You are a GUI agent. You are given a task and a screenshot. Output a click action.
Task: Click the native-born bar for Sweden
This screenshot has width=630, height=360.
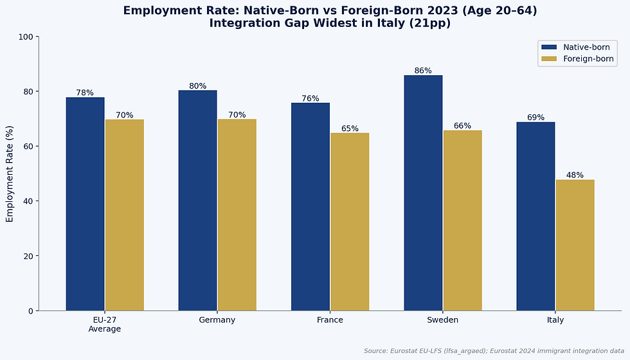(423, 193)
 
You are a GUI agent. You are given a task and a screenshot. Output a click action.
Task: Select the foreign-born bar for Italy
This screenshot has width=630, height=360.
(575, 245)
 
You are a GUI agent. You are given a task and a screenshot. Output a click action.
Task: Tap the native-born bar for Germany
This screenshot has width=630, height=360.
(198, 201)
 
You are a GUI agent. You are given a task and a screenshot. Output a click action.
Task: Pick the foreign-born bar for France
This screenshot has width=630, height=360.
(350, 222)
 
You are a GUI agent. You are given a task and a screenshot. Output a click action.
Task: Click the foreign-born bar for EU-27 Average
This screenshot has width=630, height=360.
(125, 215)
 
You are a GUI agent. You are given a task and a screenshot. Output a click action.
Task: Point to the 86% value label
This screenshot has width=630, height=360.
(423, 71)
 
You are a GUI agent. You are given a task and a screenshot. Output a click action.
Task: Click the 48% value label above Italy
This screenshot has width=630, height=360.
(575, 175)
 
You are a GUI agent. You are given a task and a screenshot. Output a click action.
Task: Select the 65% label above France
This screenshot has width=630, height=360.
(350, 129)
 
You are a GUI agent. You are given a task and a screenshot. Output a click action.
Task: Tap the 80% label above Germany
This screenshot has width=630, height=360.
(198, 86)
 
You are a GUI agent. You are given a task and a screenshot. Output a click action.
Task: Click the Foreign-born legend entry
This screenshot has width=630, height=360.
(577, 59)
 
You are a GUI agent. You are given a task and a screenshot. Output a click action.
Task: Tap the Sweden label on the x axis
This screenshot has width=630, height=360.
(443, 320)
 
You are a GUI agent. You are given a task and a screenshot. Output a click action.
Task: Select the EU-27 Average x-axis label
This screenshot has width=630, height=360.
(104, 324)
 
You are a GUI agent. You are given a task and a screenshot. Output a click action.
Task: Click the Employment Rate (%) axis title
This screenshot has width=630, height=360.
(10, 174)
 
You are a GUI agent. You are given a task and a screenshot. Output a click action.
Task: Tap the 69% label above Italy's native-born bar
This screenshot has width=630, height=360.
(535, 117)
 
